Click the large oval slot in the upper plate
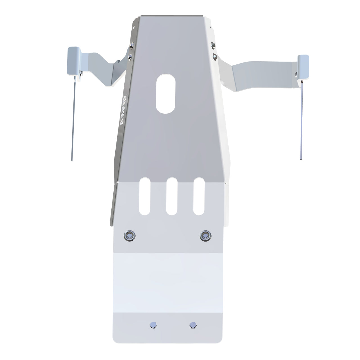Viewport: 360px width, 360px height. coord(166,94)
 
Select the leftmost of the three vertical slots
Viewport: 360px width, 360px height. coord(145,196)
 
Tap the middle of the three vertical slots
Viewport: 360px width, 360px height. coord(172,196)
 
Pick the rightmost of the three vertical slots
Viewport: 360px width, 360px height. coord(199,196)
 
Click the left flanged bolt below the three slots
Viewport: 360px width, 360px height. coord(129,236)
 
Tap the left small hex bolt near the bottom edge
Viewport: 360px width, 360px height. coord(153,325)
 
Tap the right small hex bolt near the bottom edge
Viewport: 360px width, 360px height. coord(193,325)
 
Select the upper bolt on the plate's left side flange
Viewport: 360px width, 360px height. coord(131,45)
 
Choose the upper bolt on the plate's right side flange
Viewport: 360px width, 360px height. coord(213,44)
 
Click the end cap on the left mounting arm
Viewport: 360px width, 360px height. coord(74,61)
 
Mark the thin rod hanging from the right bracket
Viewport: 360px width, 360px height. coord(301,121)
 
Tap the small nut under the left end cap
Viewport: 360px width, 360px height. coord(80,73)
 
